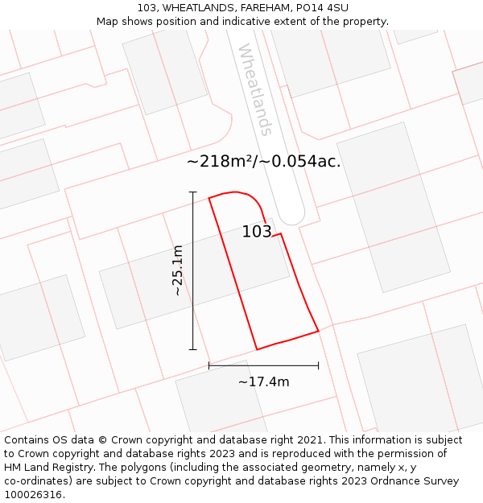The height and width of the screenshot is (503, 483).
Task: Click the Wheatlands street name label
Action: (255, 89)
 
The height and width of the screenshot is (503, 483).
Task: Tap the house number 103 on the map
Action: (257, 232)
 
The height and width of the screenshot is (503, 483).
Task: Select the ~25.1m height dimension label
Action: (178, 270)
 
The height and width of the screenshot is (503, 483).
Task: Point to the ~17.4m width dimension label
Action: (263, 381)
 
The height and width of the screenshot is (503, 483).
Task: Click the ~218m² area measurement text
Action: (221, 161)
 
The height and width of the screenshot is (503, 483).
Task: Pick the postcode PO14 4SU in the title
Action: (320, 7)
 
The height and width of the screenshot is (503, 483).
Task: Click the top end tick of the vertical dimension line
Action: (192, 192)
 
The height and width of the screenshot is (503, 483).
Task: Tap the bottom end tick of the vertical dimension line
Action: (192, 349)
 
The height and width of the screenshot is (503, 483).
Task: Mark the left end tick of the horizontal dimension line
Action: (209, 365)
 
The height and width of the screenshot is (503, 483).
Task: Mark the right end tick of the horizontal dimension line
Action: (319, 365)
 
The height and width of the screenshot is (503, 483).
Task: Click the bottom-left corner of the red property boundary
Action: (257, 349)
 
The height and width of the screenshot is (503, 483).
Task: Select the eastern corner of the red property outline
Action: (319, 330)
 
